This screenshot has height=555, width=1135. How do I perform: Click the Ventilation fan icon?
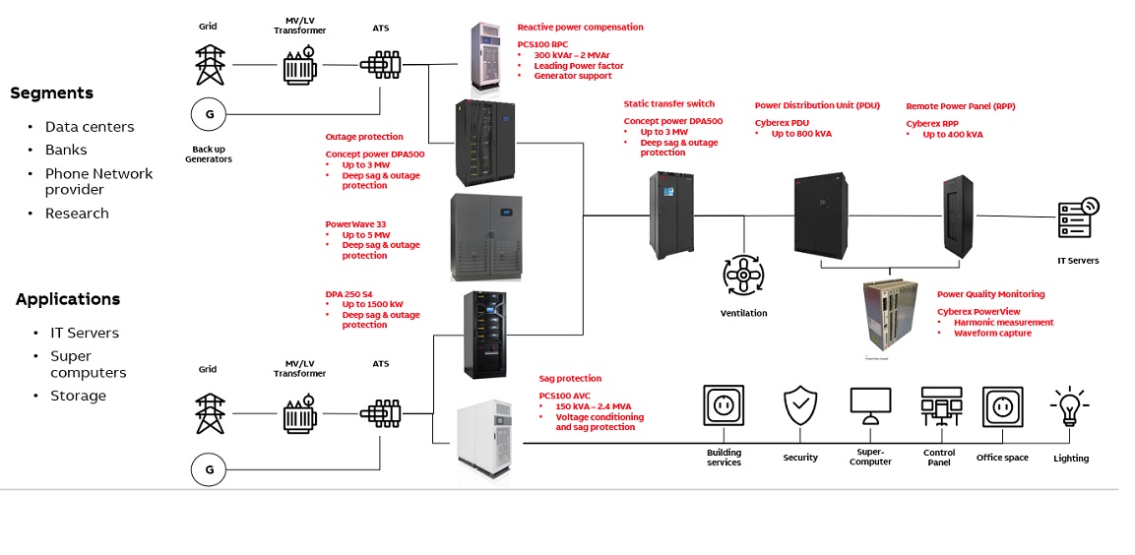[x=744, y=277]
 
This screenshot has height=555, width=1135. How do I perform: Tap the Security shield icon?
[x=799, y=405]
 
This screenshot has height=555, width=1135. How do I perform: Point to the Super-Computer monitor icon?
[x=870, y=406]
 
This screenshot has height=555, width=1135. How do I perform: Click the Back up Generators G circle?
[x=209, y=115]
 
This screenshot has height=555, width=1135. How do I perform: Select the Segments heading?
[x=51, y=93]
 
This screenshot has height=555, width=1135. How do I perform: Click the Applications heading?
[x=68, y=299]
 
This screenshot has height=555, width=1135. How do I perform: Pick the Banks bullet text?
[x=66, y=150]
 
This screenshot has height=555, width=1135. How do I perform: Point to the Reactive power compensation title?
[x=580, y=27]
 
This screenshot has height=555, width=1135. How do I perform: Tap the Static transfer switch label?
[x=668, y=103]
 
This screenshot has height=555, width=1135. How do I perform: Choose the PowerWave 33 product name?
[x=355, y=223]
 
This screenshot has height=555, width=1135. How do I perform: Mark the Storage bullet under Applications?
[x=78, y=396]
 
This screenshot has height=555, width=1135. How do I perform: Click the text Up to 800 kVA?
[x=801, y=134]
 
